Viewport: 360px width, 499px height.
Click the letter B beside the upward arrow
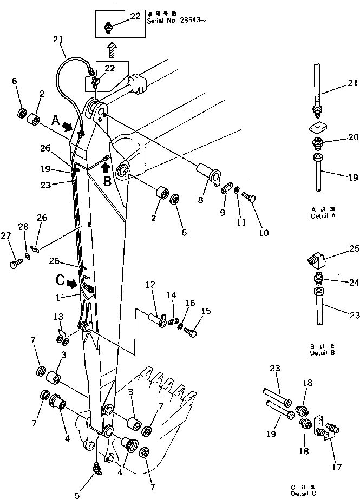click(107, 182)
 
